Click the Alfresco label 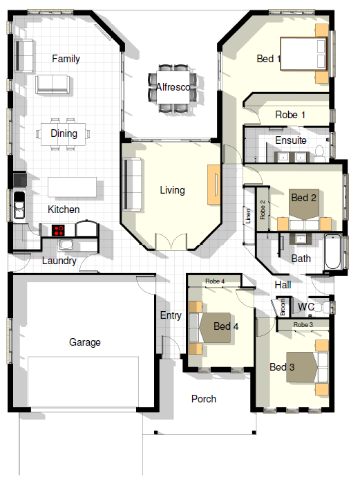pos(173,87)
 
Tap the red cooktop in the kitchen pos(58,230)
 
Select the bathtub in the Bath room pos(332,252)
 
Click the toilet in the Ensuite pos(319,153)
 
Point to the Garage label pos(85,342)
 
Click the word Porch pos(204,399)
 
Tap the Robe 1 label pos(290,115)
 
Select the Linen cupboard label pos(248,216)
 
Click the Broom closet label pos(283,307)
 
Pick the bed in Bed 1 pos(303,54)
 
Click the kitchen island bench pos(72,187)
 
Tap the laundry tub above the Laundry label pos(66,245)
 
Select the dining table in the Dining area pos(64,134)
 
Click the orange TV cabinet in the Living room pos(214,185)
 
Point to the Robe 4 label pos(215,281)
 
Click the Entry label pos(171,315)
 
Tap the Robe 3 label pos(303,325)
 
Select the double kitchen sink pos(19,205)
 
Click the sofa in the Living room pos(132,185)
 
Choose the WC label pos(306,307)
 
